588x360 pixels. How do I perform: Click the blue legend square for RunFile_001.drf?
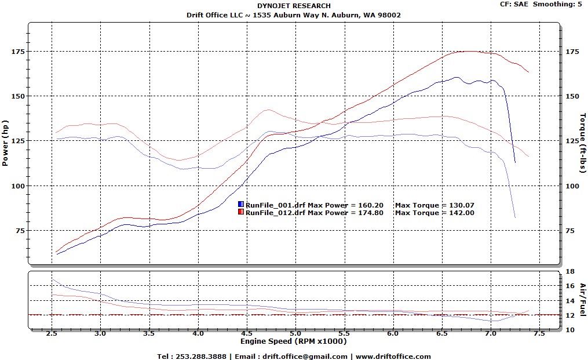tap(240, 205)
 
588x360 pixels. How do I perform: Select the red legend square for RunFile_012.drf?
tap(240, 212)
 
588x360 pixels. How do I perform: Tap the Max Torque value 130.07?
tap(462, 205)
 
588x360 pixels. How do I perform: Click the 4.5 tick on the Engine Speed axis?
tap(247, 334)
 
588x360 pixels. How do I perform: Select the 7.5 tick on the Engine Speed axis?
tap(539, 334)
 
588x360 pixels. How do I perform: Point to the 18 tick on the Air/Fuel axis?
tap(570, 271)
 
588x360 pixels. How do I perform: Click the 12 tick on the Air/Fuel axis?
tap(570, 315)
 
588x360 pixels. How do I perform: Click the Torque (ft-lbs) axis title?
tap(582, 142)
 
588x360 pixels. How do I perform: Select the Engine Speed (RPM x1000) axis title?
tap(293, 341)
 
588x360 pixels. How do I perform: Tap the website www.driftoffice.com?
tap(393, 357)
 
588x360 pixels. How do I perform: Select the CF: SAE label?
tap(513, 4)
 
